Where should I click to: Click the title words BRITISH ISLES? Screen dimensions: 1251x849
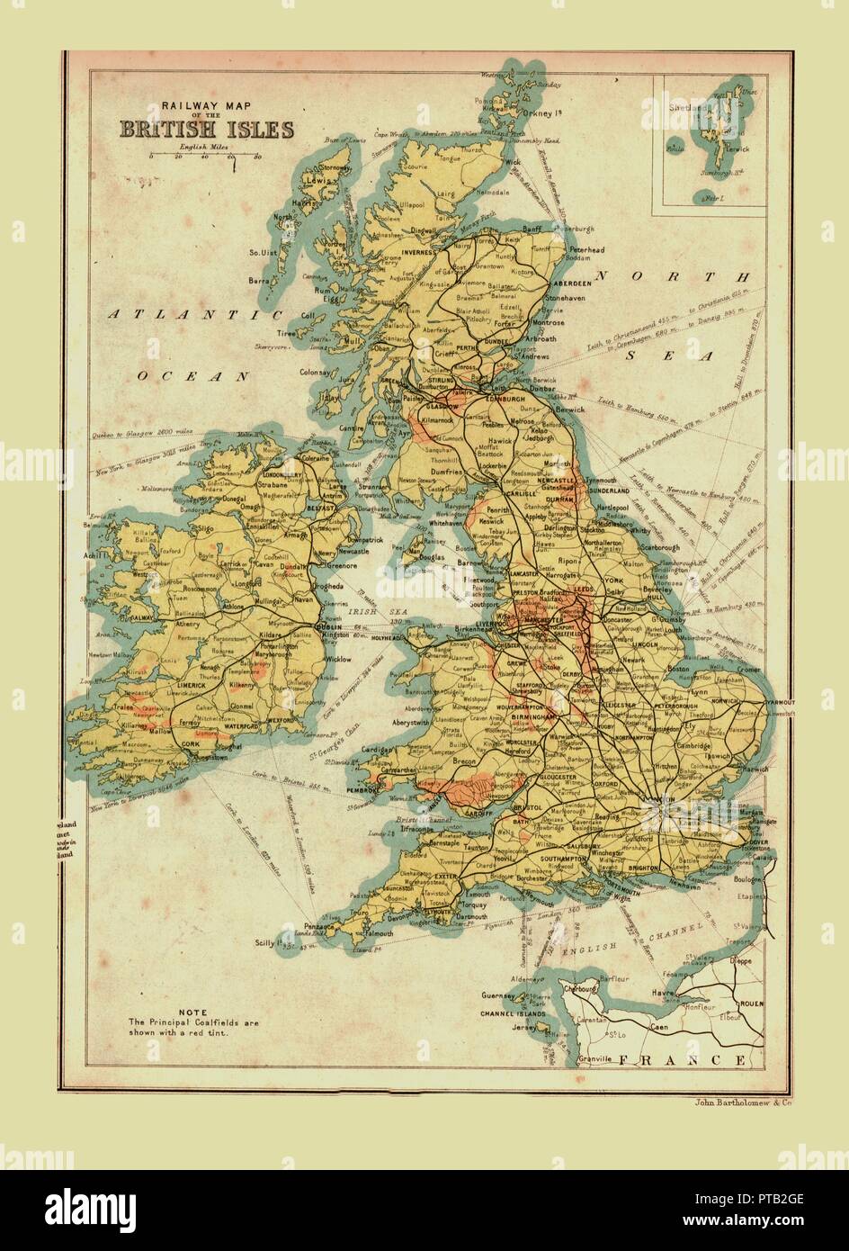[x=207, y=129]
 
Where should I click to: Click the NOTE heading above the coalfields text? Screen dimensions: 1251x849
[x=192, y=1011]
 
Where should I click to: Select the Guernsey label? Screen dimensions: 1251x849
[x=500, y=995]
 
